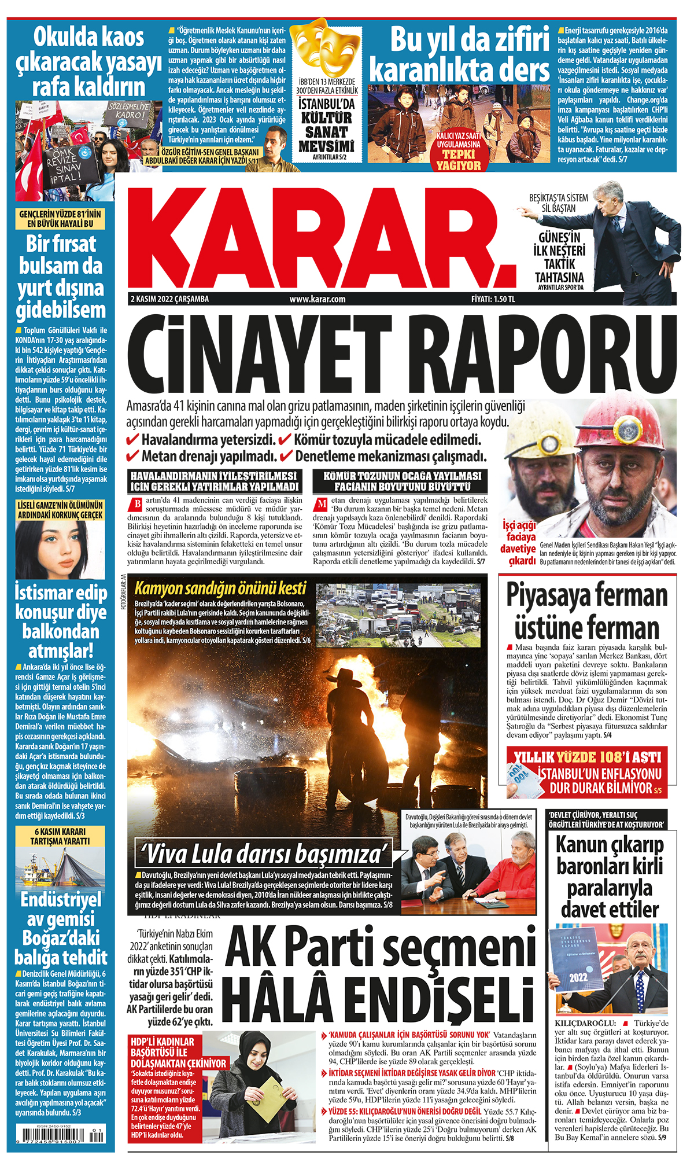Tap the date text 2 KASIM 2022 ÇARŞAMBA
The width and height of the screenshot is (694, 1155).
click(169, 299)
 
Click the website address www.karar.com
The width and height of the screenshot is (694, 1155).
click(318, 299)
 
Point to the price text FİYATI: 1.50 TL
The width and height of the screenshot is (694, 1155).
click(493, 299)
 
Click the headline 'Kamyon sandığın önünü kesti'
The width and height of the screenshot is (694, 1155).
click(220, 588)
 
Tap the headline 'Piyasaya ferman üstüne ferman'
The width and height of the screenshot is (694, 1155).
click(587, 612)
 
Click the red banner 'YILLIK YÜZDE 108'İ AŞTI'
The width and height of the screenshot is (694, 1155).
click(586, 757)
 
